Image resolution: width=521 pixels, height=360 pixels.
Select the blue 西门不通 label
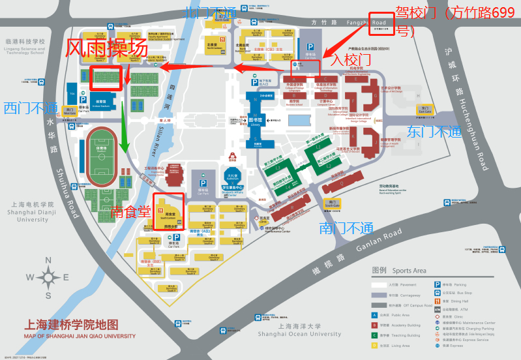(x=31, y=108)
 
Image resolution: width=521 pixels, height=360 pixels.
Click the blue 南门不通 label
(x=346, y=228)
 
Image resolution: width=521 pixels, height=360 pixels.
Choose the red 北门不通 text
(x=210, y=12)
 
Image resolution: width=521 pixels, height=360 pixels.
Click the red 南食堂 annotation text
(x=130, y=211)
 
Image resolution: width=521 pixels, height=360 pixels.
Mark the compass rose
(x=48, y=277)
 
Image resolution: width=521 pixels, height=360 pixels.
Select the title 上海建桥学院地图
(x=71, y=325)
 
